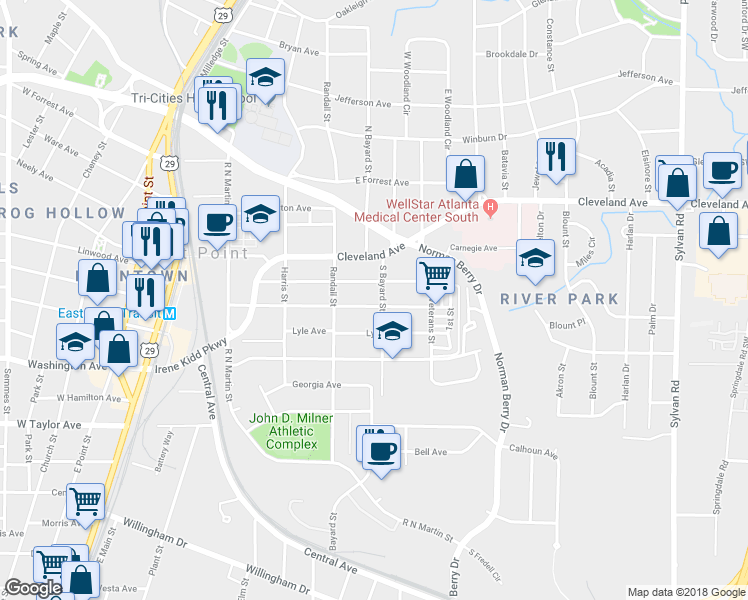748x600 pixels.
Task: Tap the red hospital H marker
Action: [490, 208]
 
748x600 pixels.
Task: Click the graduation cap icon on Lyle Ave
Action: [393, 332]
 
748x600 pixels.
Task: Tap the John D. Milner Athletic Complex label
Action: [292, 431]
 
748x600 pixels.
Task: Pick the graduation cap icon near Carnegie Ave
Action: [536, 258]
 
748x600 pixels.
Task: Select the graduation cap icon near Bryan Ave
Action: [265, 78]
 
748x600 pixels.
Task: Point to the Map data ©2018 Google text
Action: [686, 592]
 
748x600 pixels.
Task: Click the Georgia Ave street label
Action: [317, 384]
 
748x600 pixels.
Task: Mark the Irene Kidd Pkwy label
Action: [190, 360]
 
